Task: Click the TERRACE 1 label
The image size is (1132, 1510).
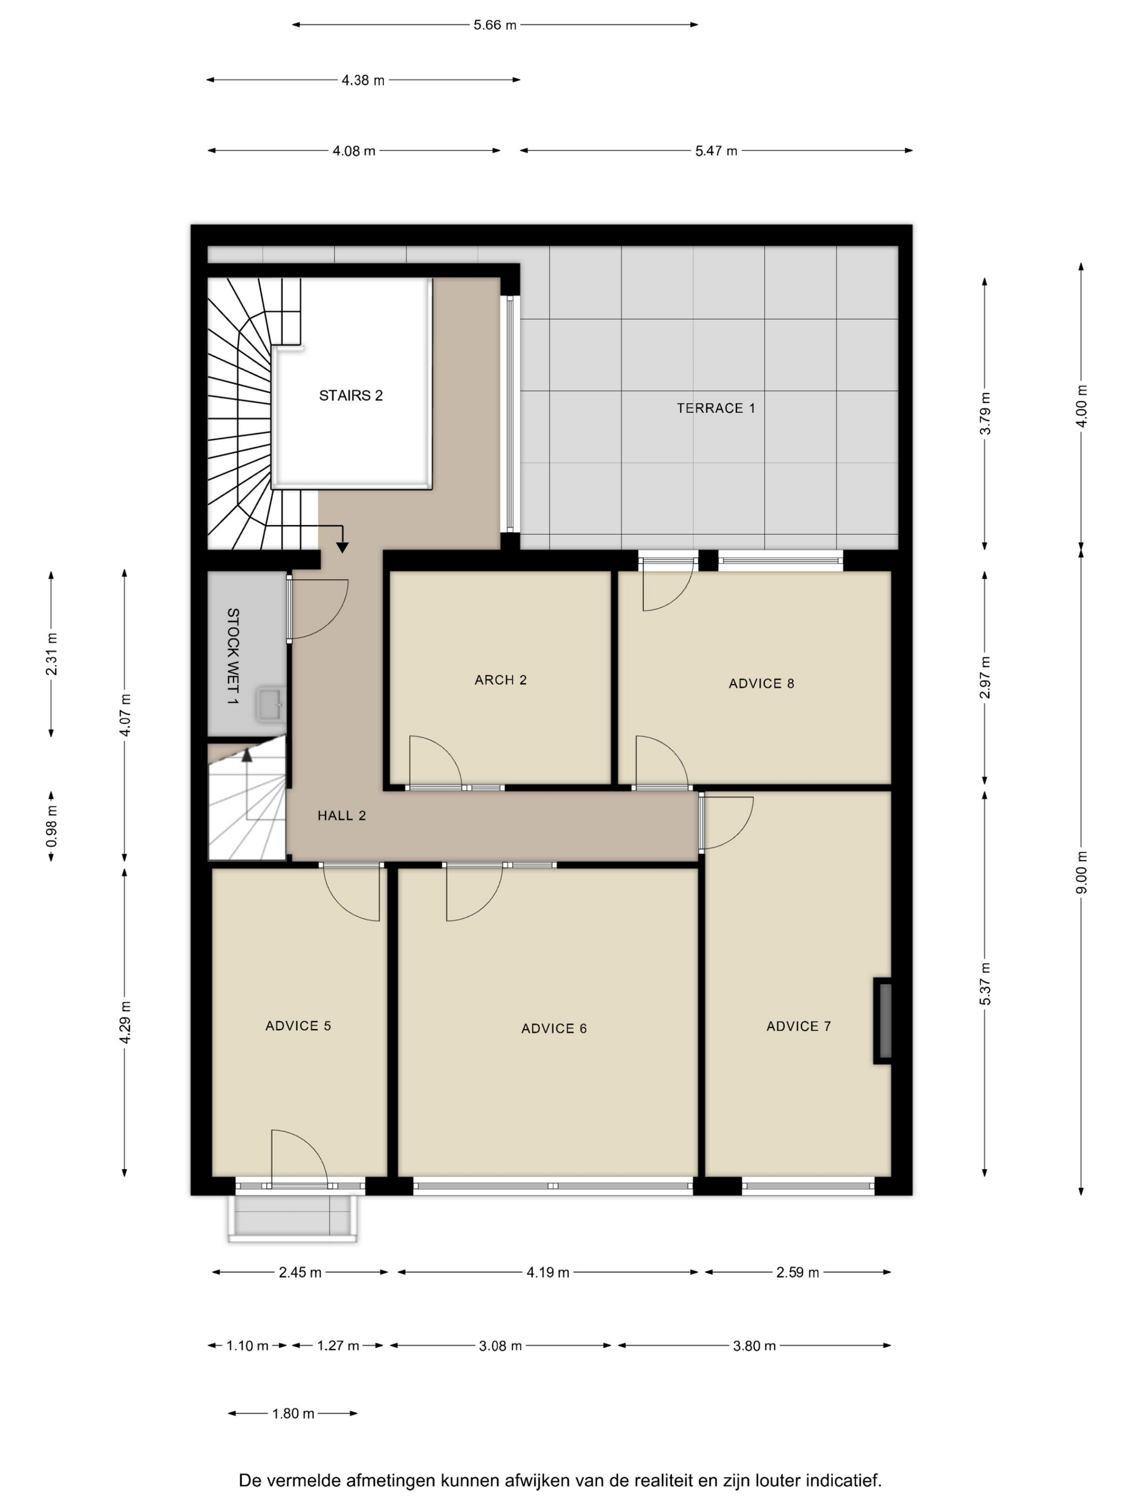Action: [x=716, y=408]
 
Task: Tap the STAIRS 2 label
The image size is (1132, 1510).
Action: [x=351, y=395]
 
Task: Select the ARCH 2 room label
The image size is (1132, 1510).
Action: [x=501, y=680]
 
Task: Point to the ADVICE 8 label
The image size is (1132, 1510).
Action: [x=762, y=683]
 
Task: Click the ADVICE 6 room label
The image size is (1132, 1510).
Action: [x=554, y=1029]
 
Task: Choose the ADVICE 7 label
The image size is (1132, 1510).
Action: [x=798, y=1027]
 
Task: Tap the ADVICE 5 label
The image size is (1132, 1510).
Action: [x=298, y=1026]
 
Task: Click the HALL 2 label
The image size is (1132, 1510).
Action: [x=342, y=816]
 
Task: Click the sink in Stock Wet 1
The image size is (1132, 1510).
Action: [x=270, y=704]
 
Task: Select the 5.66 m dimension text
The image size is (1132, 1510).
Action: [x=495, y=25]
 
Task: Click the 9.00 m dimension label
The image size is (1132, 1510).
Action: [x=1081, y=873]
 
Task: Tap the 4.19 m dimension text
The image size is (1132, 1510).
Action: [x=548, y=1272]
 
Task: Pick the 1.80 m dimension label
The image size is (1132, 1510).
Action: [x=293, y=1414]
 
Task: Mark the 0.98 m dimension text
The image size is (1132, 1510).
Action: [x=52, y=826]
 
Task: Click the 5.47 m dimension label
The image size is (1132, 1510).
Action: [x=716, y=151]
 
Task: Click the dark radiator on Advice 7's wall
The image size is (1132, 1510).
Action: [x=883, y=1020]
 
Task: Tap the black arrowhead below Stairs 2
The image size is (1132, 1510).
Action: [x=342, y=547]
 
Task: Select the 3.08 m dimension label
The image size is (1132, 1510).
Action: [x=500, y=1346]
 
